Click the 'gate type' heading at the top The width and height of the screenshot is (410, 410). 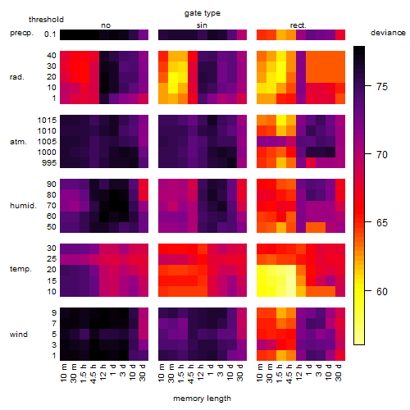pos(203,13)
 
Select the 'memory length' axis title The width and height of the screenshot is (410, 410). pos(202,399)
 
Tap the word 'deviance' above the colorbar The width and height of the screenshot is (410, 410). pos(388,33)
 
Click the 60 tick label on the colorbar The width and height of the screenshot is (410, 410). pos(382,292)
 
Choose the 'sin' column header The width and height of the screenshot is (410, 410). pos(202,25)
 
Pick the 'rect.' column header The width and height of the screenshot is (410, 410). pos(298,25)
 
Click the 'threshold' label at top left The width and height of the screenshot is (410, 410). pos(46,20)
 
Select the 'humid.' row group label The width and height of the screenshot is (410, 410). pos(23,206)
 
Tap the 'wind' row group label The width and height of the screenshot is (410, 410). pos(19,335)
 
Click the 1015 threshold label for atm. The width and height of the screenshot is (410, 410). pos(47,121)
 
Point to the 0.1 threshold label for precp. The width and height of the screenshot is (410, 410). pos(50,34)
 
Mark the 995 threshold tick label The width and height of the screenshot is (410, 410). pos(49,163)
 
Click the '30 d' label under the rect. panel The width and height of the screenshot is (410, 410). pos(338,372)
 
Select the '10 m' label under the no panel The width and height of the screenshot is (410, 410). pos(64,373)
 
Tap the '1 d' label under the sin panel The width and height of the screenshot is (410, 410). pos(210,370)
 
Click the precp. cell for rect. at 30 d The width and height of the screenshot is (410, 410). pos(340,34)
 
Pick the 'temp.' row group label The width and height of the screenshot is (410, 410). pos(20,269)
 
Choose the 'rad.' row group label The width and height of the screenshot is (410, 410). pos(17,77)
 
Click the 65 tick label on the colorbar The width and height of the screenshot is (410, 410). pos(382,223)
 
